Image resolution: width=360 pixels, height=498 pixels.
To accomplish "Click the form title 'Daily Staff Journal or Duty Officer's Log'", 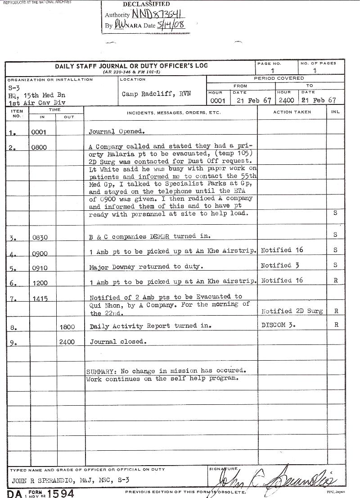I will tap(131, 66).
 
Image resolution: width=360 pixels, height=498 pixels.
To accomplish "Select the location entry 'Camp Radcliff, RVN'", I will tap(156, 94).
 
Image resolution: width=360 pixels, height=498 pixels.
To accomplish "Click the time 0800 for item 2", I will tap(39, 147).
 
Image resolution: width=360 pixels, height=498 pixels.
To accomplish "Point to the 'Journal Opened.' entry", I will tap(117, 132).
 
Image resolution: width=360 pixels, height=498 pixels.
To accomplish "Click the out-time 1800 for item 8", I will tap(67, 327).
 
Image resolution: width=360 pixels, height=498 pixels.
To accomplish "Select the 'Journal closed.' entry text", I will tap(118, 342).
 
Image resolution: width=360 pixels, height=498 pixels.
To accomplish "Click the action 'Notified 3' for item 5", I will tap(280, 265).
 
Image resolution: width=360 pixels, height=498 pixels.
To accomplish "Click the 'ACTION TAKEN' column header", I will tap(292, 112).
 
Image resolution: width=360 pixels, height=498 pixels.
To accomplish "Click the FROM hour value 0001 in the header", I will tap(218, 101).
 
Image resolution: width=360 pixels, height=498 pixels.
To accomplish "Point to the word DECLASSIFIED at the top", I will tap(146, 5).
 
